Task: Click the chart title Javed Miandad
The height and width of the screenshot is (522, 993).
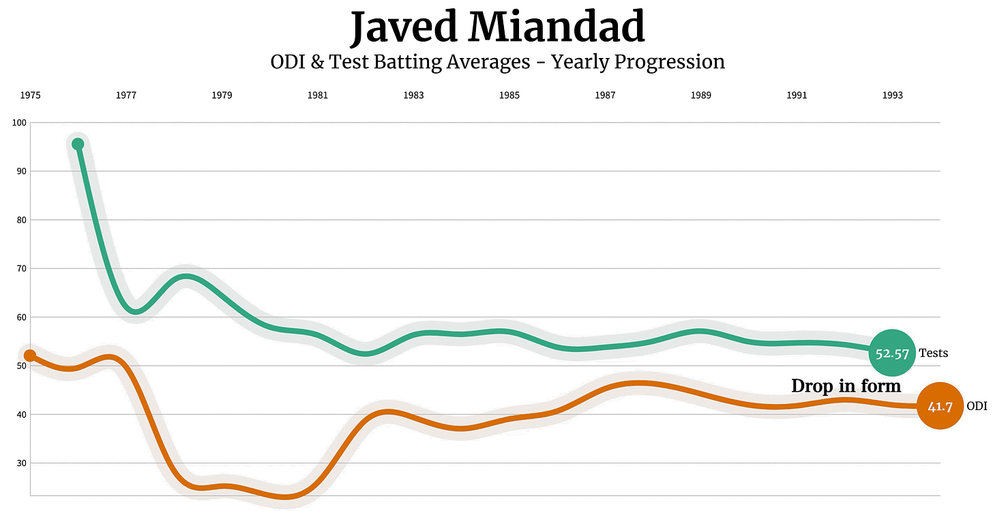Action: point(497,27)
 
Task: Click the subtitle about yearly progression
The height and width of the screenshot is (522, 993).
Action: point(497,62)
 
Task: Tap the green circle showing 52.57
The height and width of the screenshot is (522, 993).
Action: point(891,353)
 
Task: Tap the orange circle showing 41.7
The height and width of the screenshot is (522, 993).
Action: point(939,406)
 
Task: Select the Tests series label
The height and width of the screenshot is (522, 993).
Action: point(933,353)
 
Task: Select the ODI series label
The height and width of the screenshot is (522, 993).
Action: point(977,406)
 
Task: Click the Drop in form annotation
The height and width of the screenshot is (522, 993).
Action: point(846,386)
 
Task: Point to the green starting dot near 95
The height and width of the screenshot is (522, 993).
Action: point(78,144)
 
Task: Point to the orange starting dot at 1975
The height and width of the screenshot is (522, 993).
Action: point(30,356)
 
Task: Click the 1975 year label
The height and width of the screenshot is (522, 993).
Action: point(30,96)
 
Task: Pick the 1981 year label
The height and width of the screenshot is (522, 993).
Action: point(317,96)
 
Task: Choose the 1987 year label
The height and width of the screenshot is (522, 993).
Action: point(605,96)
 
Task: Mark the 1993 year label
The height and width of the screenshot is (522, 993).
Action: point(892,96)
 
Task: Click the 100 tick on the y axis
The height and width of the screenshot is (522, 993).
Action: point(18,123)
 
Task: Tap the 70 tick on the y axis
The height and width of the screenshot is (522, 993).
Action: point(20,269)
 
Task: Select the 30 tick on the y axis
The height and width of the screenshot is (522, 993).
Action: point(20,463)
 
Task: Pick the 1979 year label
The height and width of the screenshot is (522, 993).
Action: point(222,96)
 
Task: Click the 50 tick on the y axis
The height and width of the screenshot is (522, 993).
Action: point(20,366)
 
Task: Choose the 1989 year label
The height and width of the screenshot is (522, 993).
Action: point(700,96)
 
